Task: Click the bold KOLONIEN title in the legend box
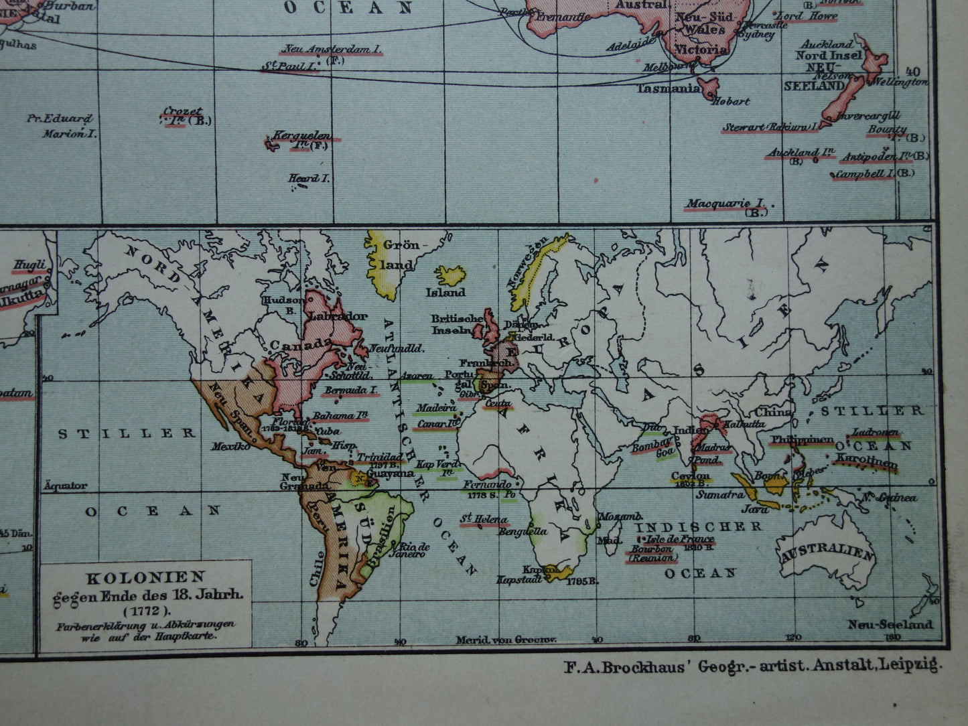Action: (145, 577)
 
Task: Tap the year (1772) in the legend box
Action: (146, 609)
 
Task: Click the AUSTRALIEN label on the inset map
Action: (828, 555)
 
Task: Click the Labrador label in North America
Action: (340, 316)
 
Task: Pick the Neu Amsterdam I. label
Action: (331, 49)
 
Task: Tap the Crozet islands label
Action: (182, 112)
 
